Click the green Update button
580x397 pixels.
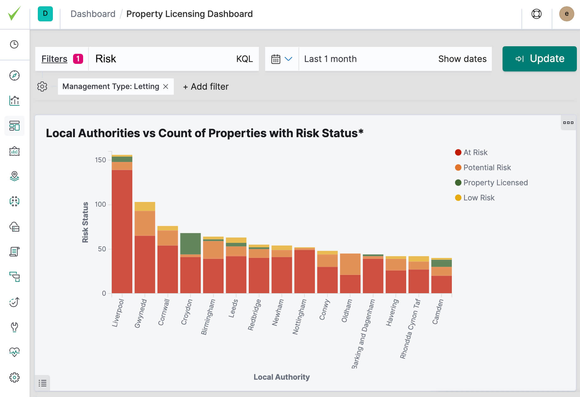[x=539, y=59]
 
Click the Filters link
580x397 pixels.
[x=54, y=59]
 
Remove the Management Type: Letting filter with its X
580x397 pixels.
[x=166, y=87]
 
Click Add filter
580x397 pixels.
[x=206, y=87]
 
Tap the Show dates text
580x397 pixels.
[x=462, y=59]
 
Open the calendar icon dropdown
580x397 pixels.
[x=281, y=59]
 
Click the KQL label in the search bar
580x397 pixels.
[x=244, y=59]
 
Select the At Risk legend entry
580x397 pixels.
[x=475, y=153]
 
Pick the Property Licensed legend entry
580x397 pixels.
[x=495, y=183]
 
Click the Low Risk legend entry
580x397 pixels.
[x=479, y=198]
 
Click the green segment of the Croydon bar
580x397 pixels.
[x=190, y=243]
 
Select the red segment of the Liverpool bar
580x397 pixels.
[x=122, y=231]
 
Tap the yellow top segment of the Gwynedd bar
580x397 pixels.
[x=145, y=206]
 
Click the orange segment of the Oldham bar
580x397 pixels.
[x=350, y=264]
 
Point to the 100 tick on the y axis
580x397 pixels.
[x=100, y=204]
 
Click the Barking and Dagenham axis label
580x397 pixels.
[x=363, y=333]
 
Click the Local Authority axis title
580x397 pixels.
[x=281, y=377]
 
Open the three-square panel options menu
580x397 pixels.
[x=568, y=123]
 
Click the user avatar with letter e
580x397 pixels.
[x=566, y=14]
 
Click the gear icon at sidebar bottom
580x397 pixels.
[x=14, y=377]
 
